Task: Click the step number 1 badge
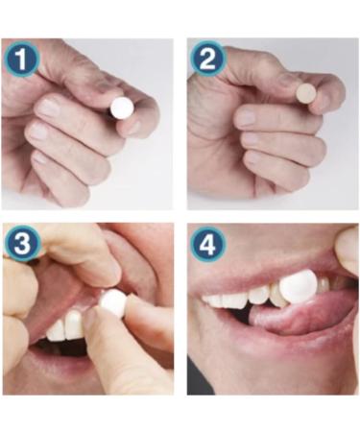[21, 60]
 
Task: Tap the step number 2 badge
[208, 60]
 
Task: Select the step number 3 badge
[21, 244]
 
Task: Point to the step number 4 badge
[208, 244]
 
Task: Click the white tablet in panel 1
[122, 108]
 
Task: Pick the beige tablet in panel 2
[306, 93]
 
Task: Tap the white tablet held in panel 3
[113, 303]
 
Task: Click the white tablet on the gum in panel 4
[299, 286]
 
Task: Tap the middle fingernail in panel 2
[246, 118]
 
